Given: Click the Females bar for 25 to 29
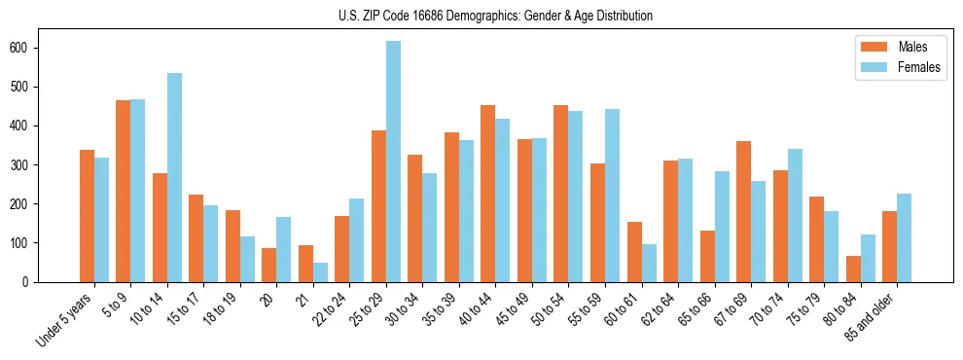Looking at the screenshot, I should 393,162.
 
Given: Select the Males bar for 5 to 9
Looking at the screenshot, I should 124,191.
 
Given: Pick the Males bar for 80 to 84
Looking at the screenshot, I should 853,269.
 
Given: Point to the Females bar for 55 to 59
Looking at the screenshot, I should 612,196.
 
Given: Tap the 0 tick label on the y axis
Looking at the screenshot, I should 32,282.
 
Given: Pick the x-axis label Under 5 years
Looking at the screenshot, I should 65,320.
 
